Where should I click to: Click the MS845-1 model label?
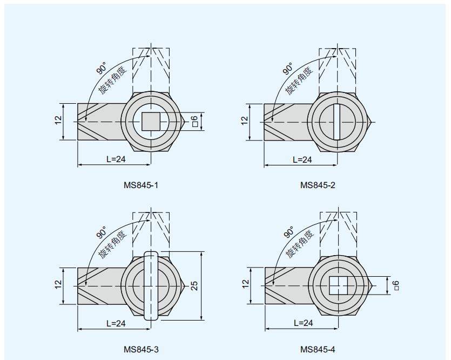(141, 185)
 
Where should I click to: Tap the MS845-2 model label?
(318, 185)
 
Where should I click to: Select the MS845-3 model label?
(141, 349)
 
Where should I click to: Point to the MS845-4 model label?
(318, 349)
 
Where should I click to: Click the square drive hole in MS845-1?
(151, 122)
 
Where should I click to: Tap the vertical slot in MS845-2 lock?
(337, 122)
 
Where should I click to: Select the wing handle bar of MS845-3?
(151, 285)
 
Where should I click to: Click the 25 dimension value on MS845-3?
(194, 285)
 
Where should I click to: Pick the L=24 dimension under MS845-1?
(116, 159)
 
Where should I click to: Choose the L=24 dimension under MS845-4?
(304, 323)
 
